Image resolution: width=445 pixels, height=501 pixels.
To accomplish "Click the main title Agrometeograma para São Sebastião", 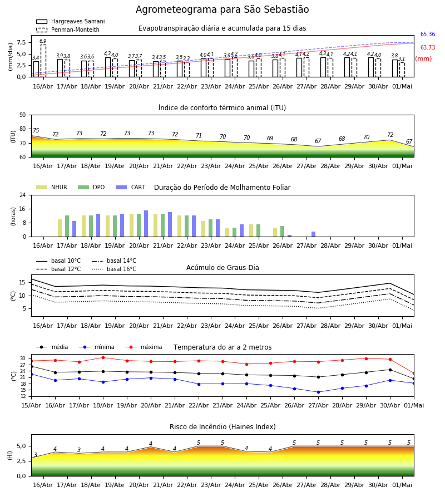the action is (222, 9).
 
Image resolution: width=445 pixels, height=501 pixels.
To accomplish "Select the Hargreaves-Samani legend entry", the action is (71, 21).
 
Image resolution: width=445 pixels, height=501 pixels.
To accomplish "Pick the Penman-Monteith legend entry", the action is (68, 30).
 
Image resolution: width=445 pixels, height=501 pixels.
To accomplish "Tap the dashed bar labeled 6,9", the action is (43, 61).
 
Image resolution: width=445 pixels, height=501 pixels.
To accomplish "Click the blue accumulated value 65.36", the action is (428, 34).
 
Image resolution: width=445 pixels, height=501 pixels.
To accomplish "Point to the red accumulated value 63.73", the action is (428, 48).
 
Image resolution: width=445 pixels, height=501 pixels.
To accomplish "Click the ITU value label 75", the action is (36, 130).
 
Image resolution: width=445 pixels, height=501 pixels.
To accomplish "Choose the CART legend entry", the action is (131, 187).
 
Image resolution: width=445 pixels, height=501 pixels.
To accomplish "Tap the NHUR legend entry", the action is (52, 187).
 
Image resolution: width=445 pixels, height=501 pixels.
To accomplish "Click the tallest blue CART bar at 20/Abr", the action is (146, 224).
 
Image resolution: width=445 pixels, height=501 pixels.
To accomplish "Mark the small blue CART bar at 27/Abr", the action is (314, 234).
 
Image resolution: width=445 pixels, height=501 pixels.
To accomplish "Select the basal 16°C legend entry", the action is (114, 269).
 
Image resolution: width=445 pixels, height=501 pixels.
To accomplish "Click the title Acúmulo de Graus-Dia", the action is (222, 268).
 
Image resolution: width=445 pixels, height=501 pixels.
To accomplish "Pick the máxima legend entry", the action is (144, 347).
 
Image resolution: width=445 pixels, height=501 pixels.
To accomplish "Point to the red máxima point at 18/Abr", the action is (103, 357).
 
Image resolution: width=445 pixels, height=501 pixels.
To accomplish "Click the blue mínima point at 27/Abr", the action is (318, 392).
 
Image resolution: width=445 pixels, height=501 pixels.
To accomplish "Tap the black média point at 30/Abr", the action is (390, 370).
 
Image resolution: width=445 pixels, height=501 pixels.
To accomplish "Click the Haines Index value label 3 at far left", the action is (36, 455).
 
